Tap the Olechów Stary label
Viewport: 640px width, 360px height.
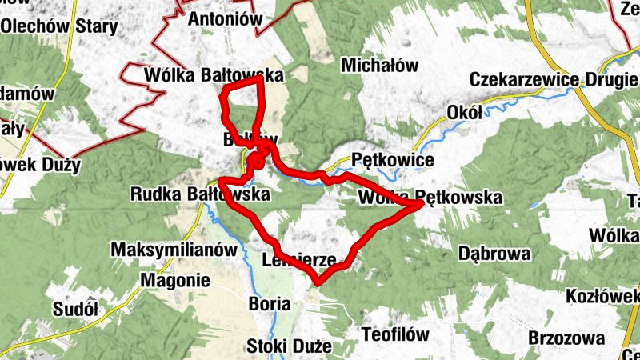(59, 26)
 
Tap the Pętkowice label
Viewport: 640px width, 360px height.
(392, 161)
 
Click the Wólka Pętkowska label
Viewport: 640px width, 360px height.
(430, 197)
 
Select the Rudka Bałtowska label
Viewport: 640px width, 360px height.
(200, 194)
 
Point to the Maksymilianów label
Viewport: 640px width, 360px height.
(174, 249)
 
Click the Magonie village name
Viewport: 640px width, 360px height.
(174, 280)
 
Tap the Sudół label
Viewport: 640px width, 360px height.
(74, 308)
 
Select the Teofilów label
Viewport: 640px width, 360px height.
(395, 334)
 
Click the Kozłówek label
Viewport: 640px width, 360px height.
(603, 295)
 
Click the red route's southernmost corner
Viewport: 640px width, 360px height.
(318, 282)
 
